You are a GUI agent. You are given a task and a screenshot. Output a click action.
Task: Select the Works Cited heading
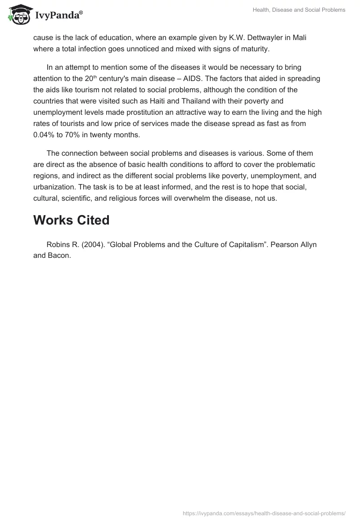point(71,220)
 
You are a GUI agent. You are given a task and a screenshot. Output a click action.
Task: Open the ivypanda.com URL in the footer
point(264,513)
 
